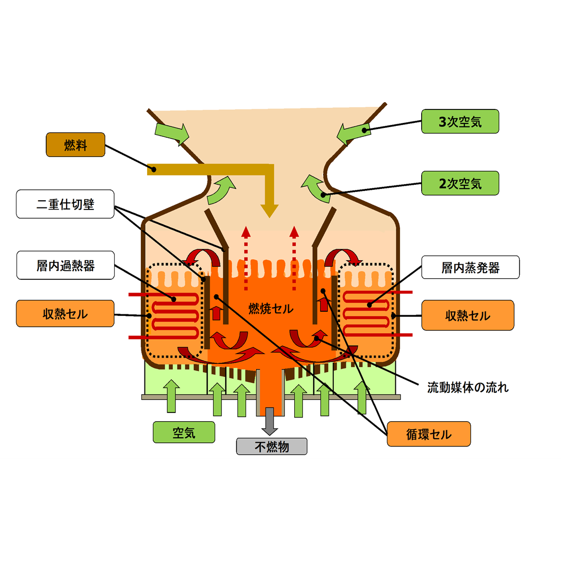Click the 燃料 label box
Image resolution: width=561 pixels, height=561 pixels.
tap(75, 145)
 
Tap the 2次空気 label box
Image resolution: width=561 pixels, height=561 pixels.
tap(460, 183)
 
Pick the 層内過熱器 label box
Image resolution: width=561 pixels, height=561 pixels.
tap(65, 266)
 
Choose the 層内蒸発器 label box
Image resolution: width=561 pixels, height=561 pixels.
tap(470, 267)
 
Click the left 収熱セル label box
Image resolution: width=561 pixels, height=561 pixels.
tap(65, 313)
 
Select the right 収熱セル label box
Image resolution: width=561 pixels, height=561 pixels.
tap(468, 315)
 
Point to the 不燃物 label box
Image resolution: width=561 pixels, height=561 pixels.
tap(271, 446)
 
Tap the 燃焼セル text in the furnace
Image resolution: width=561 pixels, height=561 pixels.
tap(270, 309)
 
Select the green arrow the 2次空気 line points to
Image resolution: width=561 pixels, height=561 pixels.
tap(313, 187)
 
